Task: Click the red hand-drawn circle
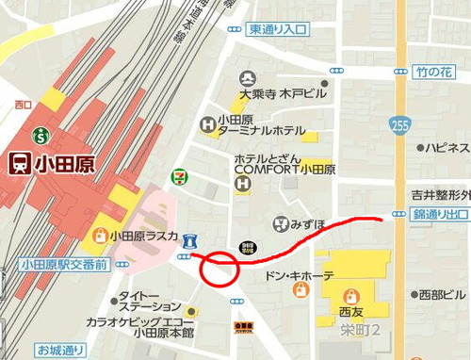220,269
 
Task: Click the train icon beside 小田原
18,163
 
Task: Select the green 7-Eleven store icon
178,176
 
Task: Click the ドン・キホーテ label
300,276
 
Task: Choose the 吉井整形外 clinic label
440,195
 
